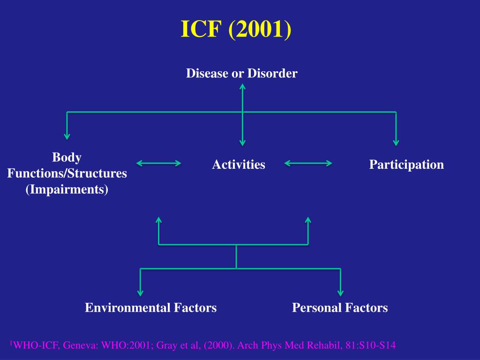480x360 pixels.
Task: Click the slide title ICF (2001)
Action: [236, 30]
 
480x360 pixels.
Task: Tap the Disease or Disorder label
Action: [241, 74]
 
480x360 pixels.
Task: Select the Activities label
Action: [239, 165]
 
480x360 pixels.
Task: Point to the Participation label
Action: [406, 165]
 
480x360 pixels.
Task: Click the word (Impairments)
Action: [67, 190]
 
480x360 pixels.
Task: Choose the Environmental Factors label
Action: [150, 308]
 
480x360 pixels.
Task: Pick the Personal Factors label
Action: [340, 308]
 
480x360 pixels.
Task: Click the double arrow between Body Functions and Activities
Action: [159, 163]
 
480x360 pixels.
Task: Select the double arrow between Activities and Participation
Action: [308, 163]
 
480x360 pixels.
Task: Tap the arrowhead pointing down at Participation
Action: [396, 141]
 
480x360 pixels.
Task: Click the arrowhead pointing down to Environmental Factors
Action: [141, 292]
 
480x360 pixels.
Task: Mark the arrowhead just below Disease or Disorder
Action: [242, 87]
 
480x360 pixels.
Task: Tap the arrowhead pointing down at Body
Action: [67, 136]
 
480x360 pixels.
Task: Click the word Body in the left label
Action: [67, 157]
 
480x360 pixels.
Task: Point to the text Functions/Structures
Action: [67, 173]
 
